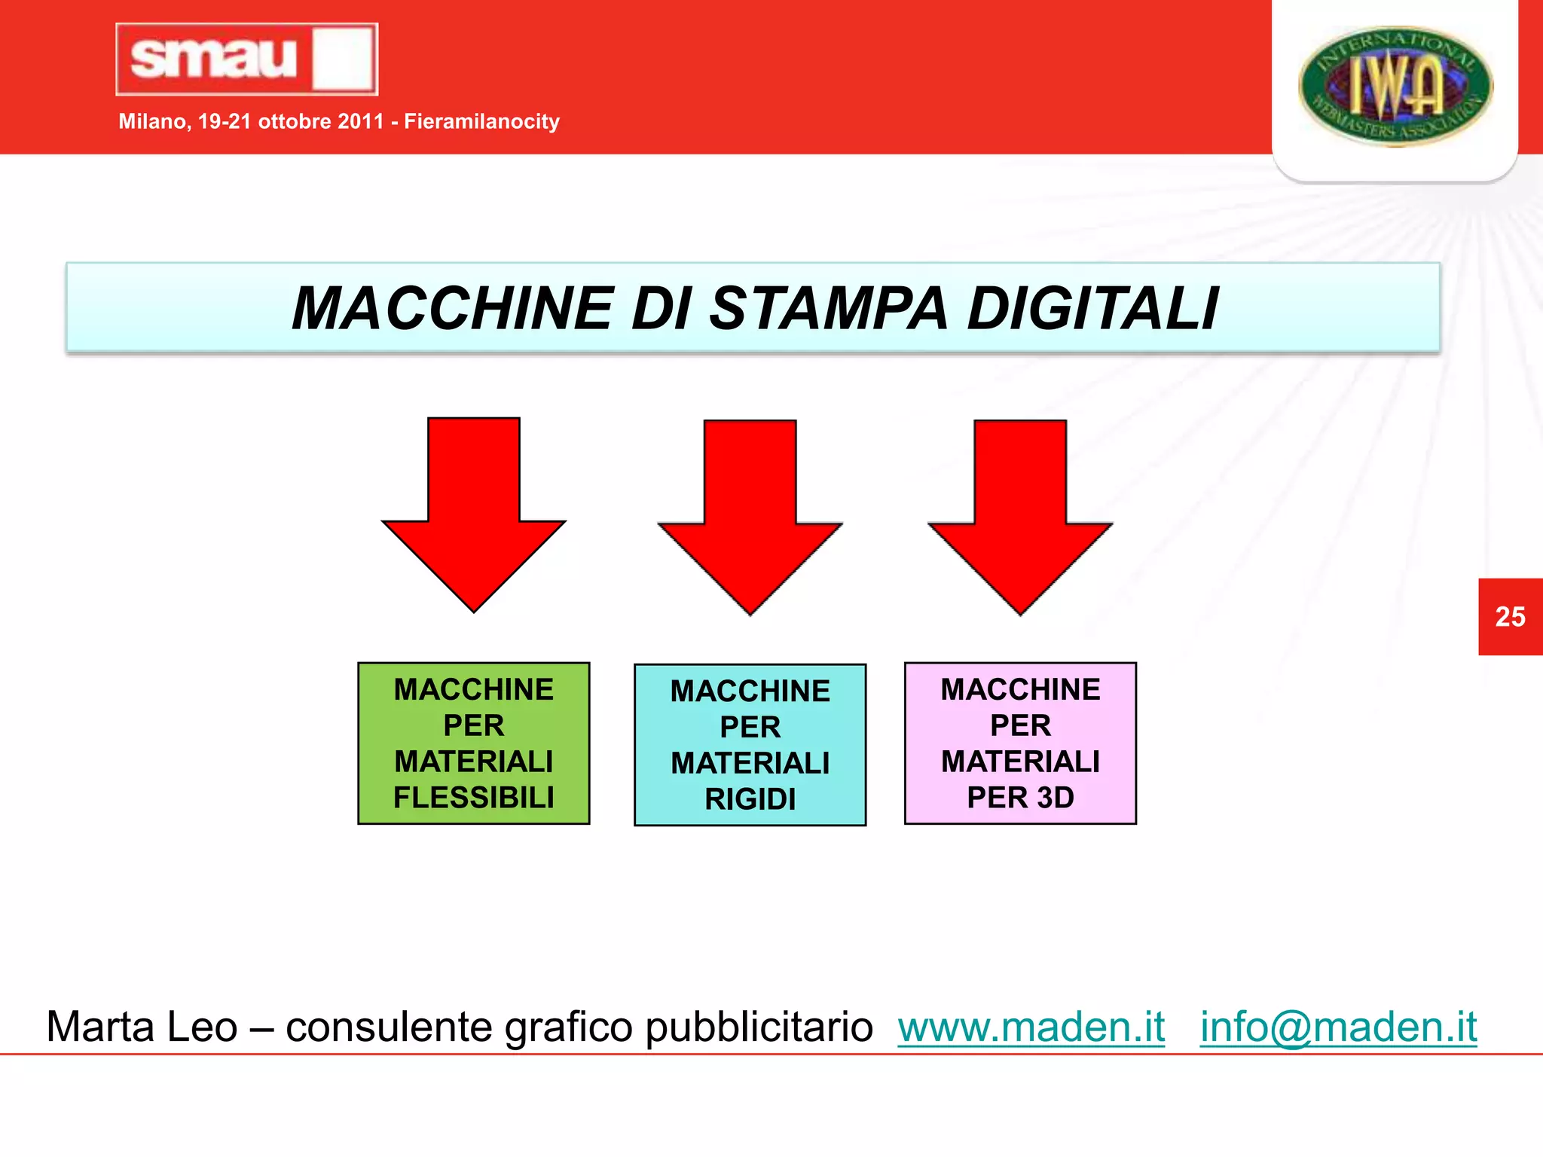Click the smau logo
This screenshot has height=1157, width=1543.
pos(246,59)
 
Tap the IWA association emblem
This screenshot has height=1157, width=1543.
pos(1395,86)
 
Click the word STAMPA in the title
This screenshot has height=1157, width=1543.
pos(828,308)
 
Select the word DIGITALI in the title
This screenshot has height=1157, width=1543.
pos(1092,308)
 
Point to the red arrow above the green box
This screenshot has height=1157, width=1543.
pos(474,512)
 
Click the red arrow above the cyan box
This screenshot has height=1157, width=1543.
pos(750,515)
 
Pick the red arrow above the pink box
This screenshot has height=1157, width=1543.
pos(1020,515)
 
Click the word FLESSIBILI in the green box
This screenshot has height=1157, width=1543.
pos(474,798)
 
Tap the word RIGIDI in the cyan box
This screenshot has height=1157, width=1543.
pos(750,799)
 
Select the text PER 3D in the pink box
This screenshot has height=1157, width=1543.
pos(1020,798)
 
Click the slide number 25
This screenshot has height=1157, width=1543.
pos(1510,617)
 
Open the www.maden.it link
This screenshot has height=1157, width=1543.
pos(1031,1027)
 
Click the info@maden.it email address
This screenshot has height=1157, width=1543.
pos(1338,1027)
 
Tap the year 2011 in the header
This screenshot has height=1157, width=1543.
pos(361,121)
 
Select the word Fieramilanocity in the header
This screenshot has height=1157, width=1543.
pos(481,121)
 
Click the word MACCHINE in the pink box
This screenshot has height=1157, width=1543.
pos(1020,689)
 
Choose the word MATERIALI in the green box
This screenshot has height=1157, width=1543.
pos(474,762)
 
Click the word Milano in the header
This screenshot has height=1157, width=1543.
pos(154,121)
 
